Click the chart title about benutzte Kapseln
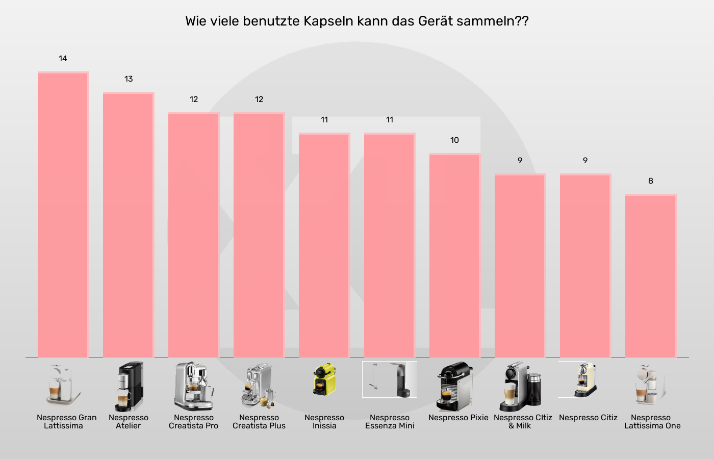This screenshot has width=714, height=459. pos(357,21)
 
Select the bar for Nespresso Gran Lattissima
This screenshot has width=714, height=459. pos(63,214)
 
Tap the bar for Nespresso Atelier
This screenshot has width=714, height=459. pos(129,224)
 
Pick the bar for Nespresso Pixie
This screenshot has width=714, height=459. pos(455,255)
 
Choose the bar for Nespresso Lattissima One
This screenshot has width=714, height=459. pos(651,275)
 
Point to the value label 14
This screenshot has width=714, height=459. pos(63,59)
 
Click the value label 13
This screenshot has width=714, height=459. pos(129,79)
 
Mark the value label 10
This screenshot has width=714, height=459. pos(455,140)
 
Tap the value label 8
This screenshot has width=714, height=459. pos(651,181)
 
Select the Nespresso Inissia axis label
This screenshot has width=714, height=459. pos(324,422)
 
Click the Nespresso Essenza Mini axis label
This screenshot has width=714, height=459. pos(390,422)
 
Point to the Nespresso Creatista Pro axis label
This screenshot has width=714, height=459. pos(194,422)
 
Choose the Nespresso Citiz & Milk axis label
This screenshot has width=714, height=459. pos(523,422)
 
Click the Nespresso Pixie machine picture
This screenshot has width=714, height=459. pos(454,386)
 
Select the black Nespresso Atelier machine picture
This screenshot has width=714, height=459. pos(129,386)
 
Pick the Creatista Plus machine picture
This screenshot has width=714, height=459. pos(259,385)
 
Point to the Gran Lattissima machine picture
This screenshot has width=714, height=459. pos(63,385)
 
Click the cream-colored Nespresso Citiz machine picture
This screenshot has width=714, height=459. pos(584,380)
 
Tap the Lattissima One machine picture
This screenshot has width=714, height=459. pos(650,385)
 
